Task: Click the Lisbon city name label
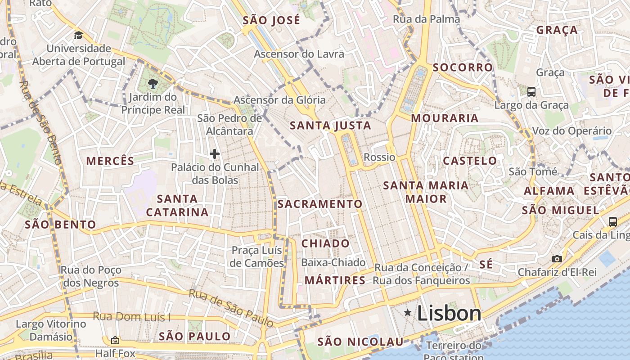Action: (449, 313)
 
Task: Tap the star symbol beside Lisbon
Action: (408, 312)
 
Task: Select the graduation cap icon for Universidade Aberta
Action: (79, 36)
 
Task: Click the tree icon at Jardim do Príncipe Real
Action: (153, 83)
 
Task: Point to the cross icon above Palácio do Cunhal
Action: (215, 154)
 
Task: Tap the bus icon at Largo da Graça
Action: (531, 92)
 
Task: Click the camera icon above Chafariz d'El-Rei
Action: (557, 259)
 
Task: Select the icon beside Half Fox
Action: (115, 340)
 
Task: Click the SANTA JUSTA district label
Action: (331, 126)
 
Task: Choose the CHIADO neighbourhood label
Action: (325, 243)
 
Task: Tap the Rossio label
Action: (379, 157)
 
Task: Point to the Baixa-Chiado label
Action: (333, 262)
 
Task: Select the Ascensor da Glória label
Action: (279, 99)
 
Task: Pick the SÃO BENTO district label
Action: (60, 225)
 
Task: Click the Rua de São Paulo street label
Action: (231, 308)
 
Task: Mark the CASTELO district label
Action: (470, 161)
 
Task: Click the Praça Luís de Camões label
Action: (257, 256)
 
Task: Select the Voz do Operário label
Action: (572, 131)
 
